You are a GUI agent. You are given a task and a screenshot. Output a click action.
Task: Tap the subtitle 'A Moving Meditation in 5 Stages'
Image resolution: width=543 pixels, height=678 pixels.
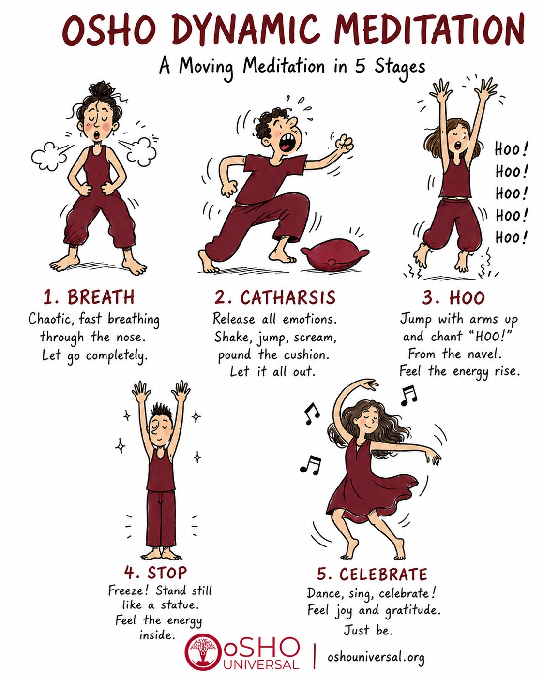coord(292,67)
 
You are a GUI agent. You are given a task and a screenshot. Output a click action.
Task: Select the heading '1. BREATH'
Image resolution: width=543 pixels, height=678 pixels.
coord(89,297)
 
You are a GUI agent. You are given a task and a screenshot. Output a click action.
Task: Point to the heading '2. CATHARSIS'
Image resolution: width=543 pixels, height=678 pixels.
coord(275,297)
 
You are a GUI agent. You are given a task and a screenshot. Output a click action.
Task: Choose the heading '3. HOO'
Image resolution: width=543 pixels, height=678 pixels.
coord(453,297)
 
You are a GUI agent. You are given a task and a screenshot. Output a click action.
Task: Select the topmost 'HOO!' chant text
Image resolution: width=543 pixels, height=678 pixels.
coord(511,149)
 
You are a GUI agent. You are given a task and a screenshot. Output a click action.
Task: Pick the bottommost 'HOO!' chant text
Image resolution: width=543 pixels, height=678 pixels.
coord(511,237)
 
